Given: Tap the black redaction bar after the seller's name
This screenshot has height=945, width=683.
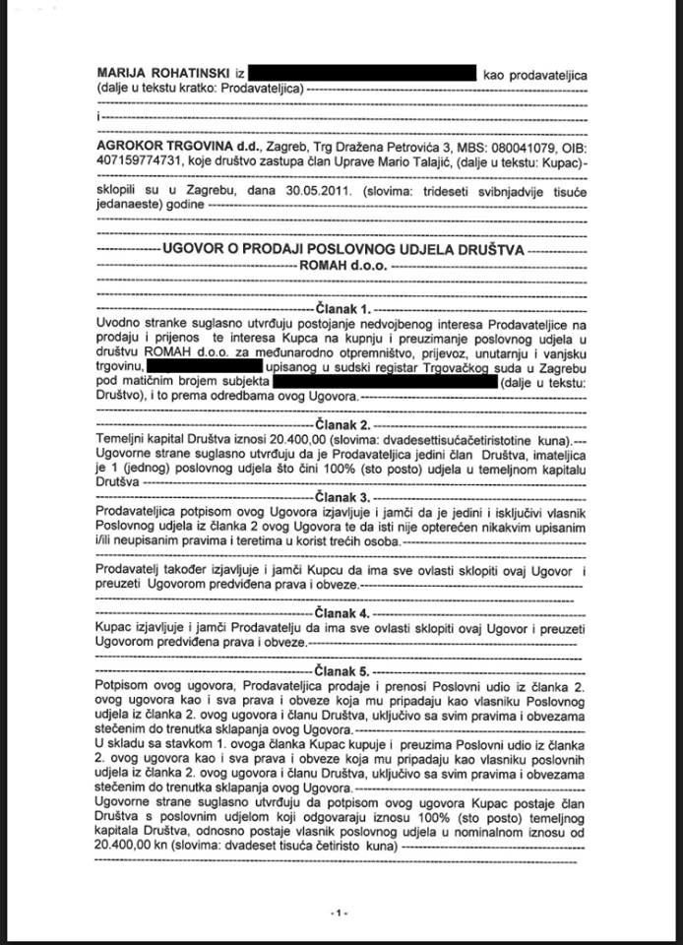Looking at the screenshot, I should pos(361,74).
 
